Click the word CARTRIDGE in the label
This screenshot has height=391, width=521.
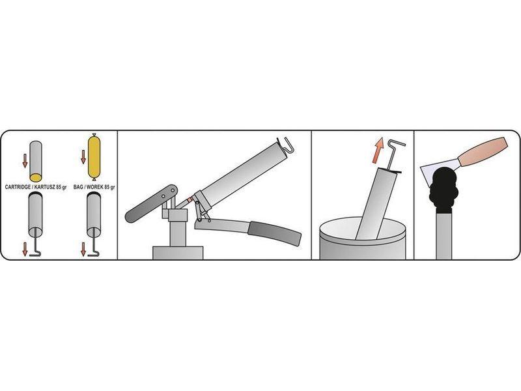click(18, 187)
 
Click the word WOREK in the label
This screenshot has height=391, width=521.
click(95, 187)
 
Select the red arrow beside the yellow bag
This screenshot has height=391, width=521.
click(83, 157)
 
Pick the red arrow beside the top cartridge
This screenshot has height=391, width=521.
click(25, 160)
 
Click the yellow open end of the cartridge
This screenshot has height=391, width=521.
click(36, 177)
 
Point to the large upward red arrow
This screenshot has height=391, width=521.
click(378, 151)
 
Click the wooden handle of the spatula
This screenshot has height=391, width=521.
click(483, 152)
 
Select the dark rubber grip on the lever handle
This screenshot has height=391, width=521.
click(275, 232)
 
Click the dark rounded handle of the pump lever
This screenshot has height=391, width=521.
click(151, 203)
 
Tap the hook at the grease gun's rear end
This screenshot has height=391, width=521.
click(286, 144)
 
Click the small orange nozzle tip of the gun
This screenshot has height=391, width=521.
click(190, 201)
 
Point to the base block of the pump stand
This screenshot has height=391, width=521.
click(178, 253)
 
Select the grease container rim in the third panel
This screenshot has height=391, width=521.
click(363, 230)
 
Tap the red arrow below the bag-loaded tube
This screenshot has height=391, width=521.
click(83, 250)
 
